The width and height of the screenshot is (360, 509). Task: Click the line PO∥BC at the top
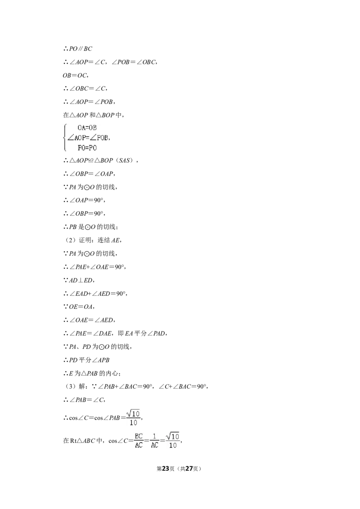coord(78,49)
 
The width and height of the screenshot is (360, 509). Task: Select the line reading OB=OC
coord(76,75)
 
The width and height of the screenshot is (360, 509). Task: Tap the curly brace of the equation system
coord(65,138)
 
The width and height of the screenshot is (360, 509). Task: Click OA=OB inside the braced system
coord(87,128)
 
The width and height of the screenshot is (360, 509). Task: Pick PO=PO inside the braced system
coord(87,147)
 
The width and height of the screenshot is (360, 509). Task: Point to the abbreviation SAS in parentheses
coord(125,161)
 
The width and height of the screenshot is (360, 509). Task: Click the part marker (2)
coord(69,240)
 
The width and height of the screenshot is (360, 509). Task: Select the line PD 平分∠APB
coord(86,360)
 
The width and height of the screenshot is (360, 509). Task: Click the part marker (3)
coord(69,386)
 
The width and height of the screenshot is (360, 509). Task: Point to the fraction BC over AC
coord(139,441)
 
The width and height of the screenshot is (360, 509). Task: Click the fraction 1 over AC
coord(155,441)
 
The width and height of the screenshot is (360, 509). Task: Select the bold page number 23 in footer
coord(166,469)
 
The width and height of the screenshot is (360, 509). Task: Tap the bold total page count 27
coord(189,469)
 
